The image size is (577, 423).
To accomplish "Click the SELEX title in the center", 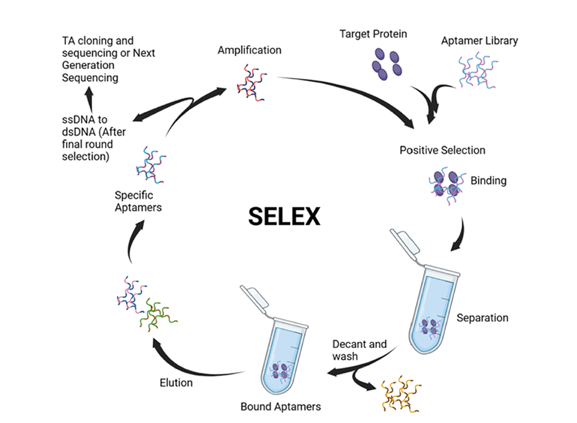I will pyautogui.click(x=284, y=217).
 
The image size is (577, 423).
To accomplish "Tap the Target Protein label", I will pyautogui.click(x=373, y=34).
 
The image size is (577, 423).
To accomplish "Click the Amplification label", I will pyautogui.click(x=250, y=50).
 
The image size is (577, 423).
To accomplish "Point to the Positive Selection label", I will pyautogui.click(x=442, y=150).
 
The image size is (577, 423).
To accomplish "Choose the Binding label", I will pyautogui.click(x=489, y=181).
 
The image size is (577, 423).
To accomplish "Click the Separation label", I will pyautogui.click(x=483, y=317).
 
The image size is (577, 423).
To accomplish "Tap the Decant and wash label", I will pyautogui.click(x=360, y=350).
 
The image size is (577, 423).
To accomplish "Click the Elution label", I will pyautogui.click(x=175, y=382).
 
